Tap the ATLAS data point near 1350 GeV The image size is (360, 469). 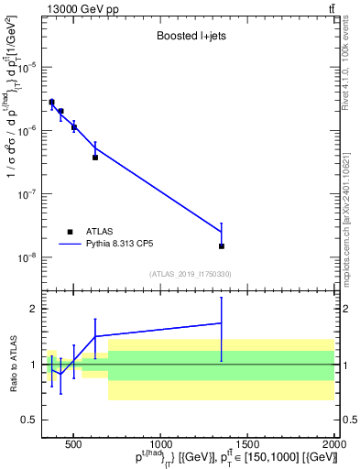pyautogui.click(x=221, y=246)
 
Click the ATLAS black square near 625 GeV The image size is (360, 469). pyautogui.click(x=95, y=158)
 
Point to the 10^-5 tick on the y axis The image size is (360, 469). pyautogui.click(x=27, y=67)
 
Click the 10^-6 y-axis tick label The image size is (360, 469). pyautogui.click(x=27, y=130)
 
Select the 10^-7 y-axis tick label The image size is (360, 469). pyautogui.click(x=27, y=194)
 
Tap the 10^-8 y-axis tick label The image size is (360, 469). pyautogui.click(x=27, y=257)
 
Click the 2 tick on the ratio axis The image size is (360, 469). pyautogui.click(x=35, y=310)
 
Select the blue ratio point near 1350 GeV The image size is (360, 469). pyautogui.click(x=221, y=322)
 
